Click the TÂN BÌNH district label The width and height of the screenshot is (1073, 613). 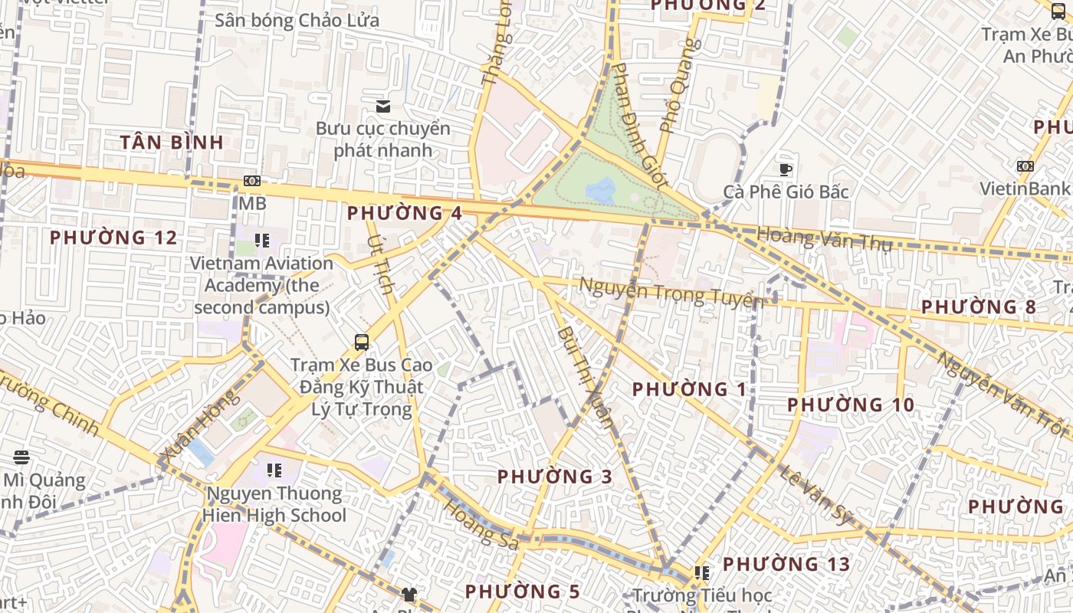pyautogui.click(x=172, y=142)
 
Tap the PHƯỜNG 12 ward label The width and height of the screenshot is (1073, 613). pyautogui.click(x=113, y=238)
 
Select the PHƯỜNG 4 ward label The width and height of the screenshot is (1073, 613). pyautogui.click(x=405, y=213)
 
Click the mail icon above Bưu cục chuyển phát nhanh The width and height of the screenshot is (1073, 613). pyautogui.click(x=382, y=106)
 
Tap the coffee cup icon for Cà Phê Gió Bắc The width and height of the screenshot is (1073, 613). pyautogui.click(x=786, y=169)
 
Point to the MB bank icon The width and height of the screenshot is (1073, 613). pyautogui.click(x=252, y=181)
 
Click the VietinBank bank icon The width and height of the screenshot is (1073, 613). pyautogui.click(x=1025, y=166)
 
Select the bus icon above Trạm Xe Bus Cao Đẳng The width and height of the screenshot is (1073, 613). pyautogui.click(x=361, y=342)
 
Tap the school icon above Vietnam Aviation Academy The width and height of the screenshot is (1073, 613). pyautogui.click(x=262, y=241)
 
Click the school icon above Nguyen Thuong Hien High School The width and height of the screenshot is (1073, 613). pyautogui.click(x=274, y=470)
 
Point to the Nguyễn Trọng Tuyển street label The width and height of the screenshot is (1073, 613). pyautogui.click(x=671, y=292)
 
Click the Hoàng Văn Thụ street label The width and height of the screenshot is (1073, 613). pyautogui.click(x=825, y=239)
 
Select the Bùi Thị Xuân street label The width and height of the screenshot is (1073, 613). pyautogui.click(x=586, y=376)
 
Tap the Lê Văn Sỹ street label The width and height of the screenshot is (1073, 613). pyautogui.click(x=816, y=494)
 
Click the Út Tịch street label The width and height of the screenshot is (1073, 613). pyautogui.click(x=381, y=265)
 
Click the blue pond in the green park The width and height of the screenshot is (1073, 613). pyautogui.click(x=600, y=190)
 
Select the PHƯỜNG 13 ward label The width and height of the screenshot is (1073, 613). pyautogui.click(x=786, y=565)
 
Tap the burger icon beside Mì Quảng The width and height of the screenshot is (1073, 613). pyautogui.click(x=21, y=457)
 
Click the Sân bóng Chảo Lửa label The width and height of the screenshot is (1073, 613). pyautogui.click(x=297, y=21)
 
